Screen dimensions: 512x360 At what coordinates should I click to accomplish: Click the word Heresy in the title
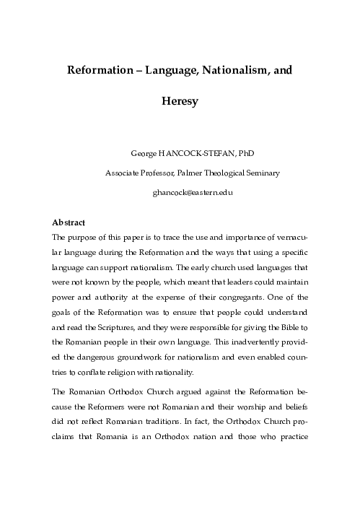(179, 102)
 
